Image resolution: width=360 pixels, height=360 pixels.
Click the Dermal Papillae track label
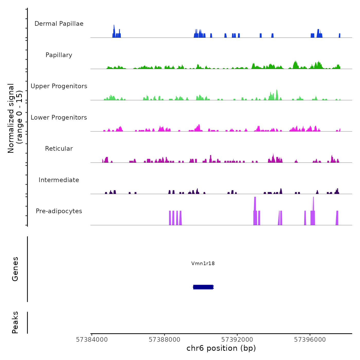point(59,24)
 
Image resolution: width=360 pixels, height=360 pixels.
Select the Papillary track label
point(59,55)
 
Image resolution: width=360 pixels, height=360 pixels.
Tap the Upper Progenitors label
point(59,86)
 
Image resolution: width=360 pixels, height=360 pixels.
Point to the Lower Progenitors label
point(59,118)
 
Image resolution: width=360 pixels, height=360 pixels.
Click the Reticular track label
point(59,149)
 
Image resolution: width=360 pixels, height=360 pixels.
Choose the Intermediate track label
point(59,180)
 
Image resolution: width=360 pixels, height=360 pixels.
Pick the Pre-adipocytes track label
point(59,211)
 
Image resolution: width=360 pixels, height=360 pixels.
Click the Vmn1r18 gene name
point(203,263)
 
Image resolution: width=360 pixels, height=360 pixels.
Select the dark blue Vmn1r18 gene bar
point(203,287)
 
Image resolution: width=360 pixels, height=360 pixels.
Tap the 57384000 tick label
point(92,340)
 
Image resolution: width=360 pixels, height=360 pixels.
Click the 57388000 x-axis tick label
point(165,340)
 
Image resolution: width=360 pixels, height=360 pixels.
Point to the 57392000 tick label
point(237,340)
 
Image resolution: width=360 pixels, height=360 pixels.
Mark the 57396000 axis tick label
point(310,340)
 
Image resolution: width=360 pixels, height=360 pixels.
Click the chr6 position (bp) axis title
point(221,348)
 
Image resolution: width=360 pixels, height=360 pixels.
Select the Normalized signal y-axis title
point(15,118)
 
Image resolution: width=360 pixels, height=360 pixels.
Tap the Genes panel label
point(15,269)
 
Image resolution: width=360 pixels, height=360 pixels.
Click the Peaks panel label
point(15,322)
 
